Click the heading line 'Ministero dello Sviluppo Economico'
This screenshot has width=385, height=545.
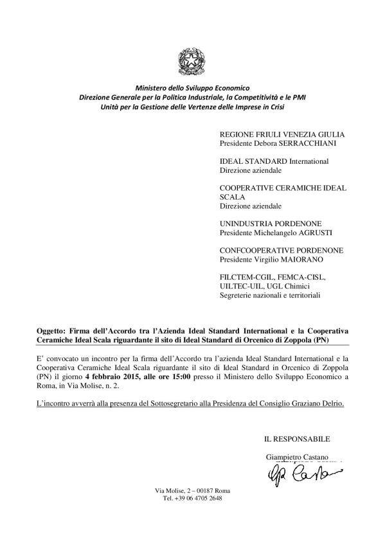(x=192, y=87)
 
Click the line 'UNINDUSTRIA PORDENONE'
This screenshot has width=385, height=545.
(x=269, y=223)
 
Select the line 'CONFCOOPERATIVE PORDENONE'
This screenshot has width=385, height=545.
(x=282, y=251)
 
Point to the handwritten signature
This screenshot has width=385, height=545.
(x=300, y=475)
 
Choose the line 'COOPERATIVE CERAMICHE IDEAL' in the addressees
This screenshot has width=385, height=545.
(x=283, y=188)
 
